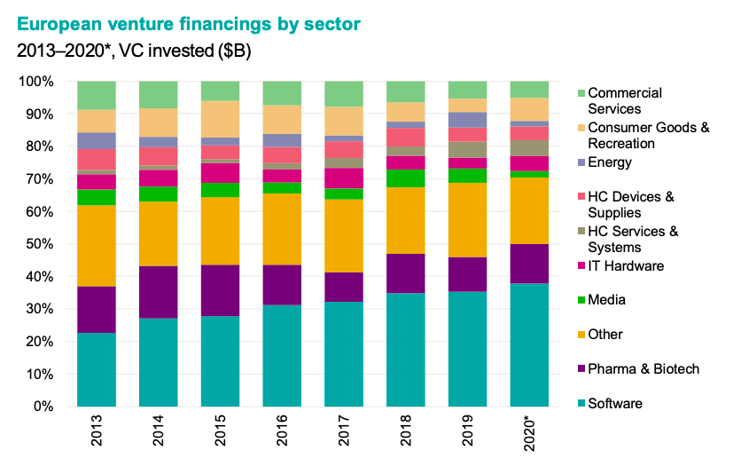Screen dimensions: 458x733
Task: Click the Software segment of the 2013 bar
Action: pos(97,369)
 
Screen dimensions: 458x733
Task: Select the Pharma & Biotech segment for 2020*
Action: pos(530,263)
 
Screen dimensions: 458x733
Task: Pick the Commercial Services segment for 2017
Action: pos(344,93)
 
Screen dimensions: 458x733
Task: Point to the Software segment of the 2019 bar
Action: pos(468,349)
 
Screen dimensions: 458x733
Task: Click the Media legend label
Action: pos(607,300)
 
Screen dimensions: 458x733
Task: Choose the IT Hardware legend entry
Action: pos(626,265)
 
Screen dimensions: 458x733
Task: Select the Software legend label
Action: pos(615,404)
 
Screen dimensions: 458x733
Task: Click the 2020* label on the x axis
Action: pos(530,432)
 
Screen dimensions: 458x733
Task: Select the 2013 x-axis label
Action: pos(97,431)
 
